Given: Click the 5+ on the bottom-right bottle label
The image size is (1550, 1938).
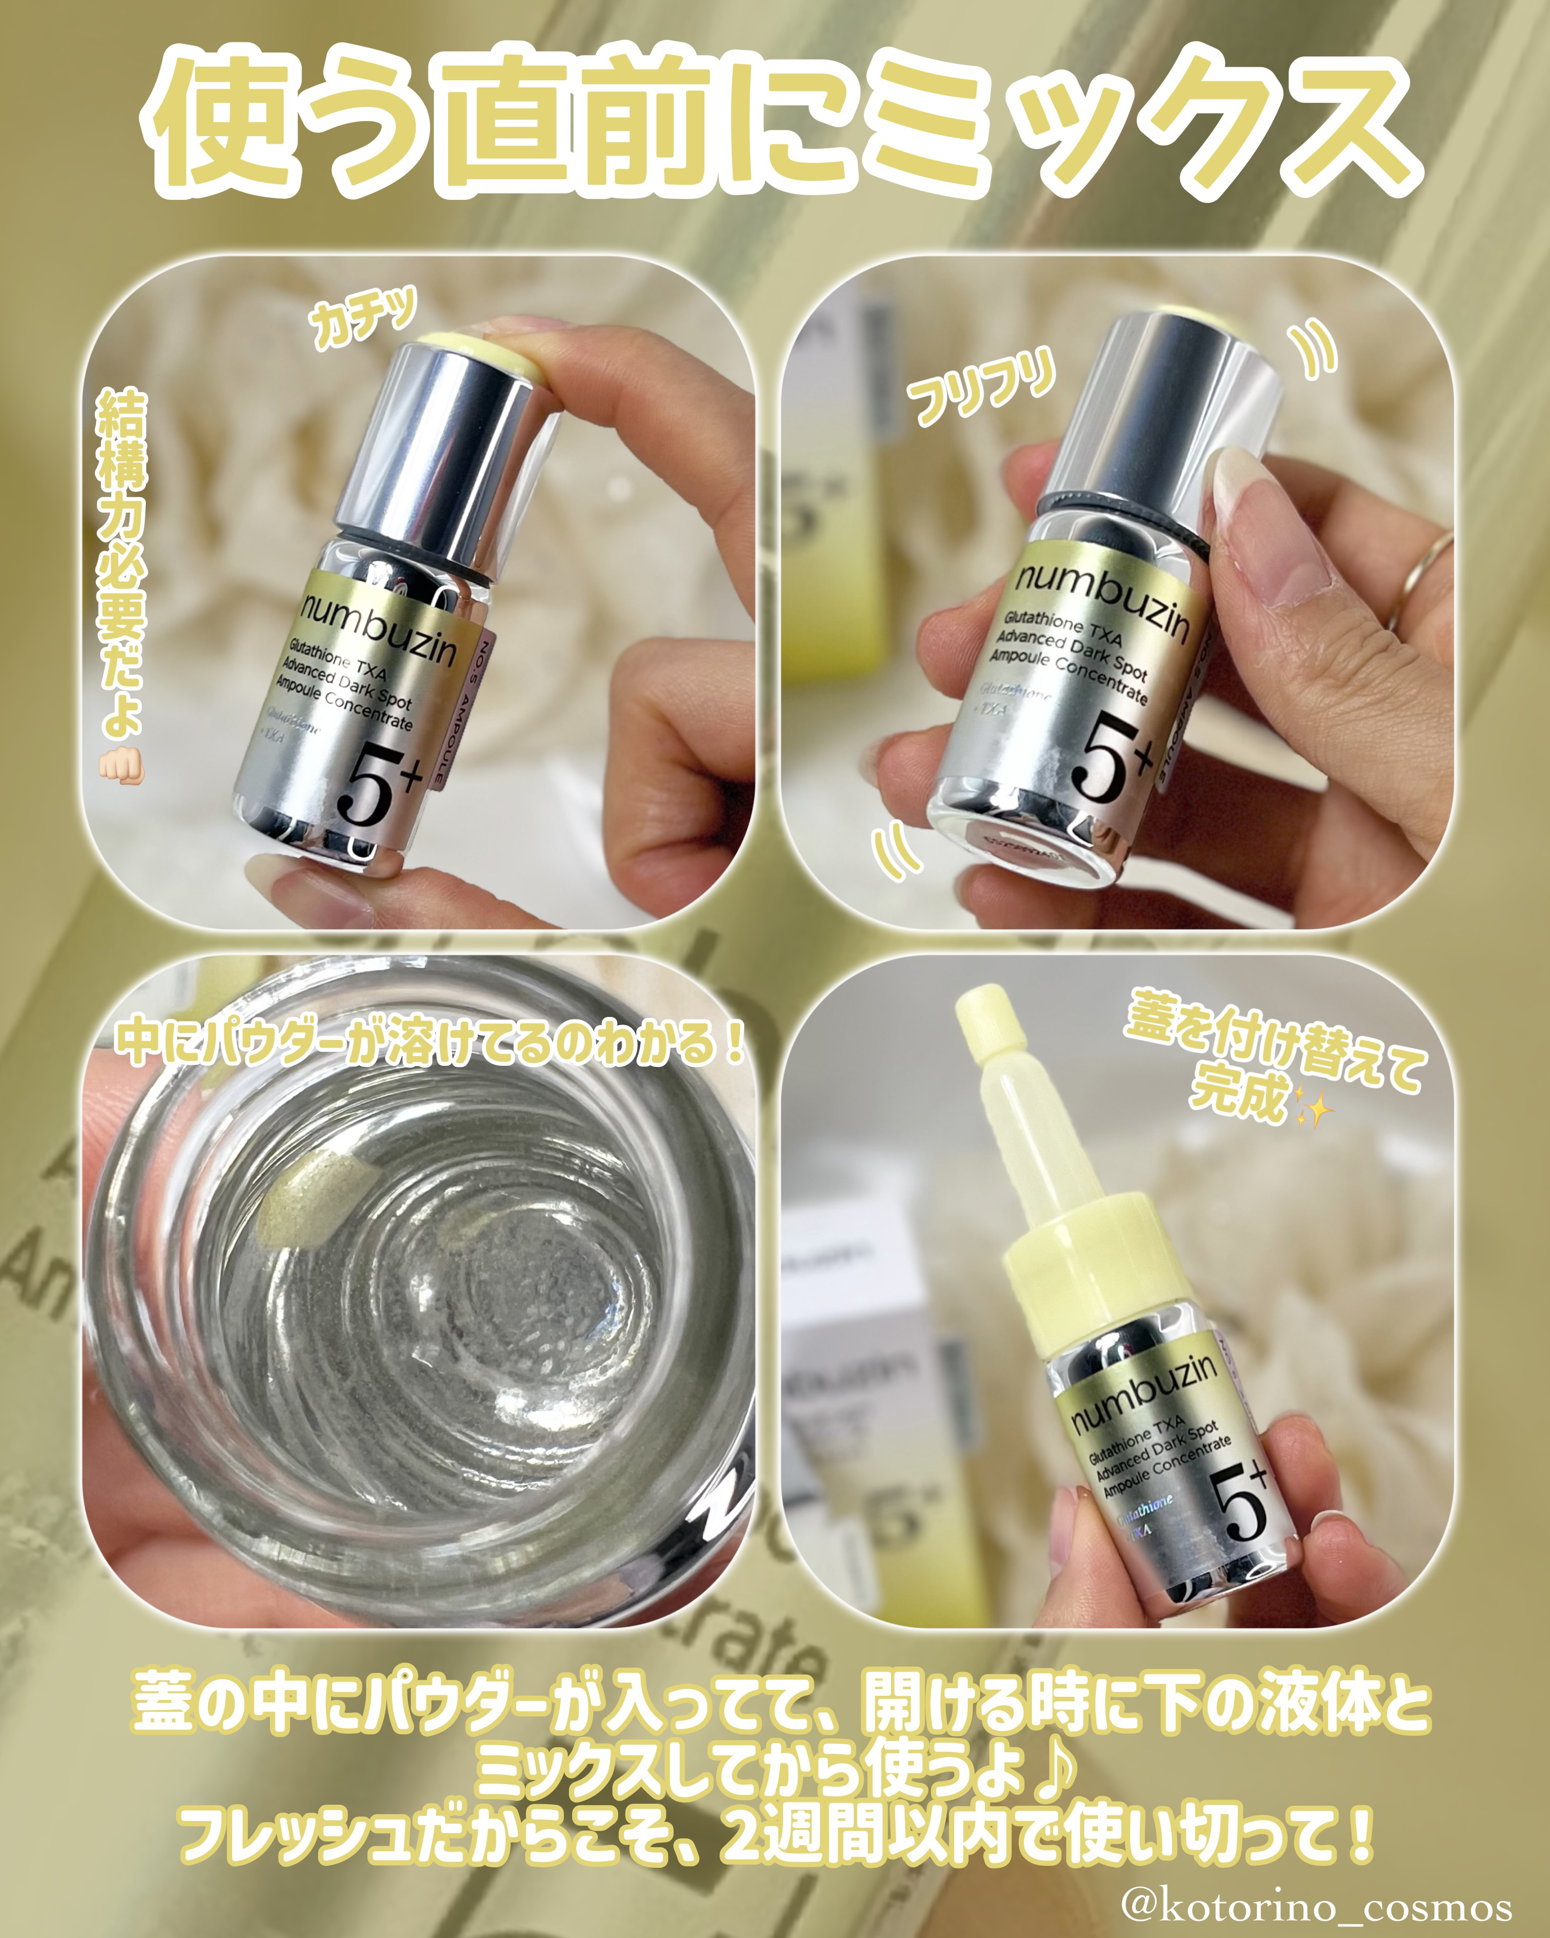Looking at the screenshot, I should point(1240,1501).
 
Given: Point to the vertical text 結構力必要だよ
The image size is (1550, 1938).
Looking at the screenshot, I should point(121,557).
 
